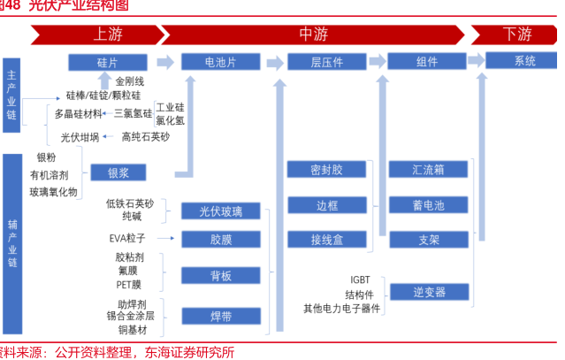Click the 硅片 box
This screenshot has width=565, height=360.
[107, 62]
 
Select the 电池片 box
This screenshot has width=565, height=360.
[220, 62]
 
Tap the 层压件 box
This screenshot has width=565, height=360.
[326, 62]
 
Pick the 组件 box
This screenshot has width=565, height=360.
[427, 62]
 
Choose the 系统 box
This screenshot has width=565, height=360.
[524, 61]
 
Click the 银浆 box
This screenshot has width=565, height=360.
[118, 172]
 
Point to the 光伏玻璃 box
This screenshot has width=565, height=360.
[220, 211]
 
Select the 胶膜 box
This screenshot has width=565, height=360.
[220, 239]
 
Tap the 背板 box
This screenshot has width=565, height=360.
[220, 276]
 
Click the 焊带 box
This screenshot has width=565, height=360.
[220, 315]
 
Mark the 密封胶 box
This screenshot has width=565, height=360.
[326, 169]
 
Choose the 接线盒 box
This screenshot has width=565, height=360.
[326, 239]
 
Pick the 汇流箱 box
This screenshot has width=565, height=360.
[428, 169]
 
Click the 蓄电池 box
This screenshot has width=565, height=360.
[428, 204]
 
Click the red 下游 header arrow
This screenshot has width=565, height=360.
[515, 34]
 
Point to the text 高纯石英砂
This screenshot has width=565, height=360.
[146, 137]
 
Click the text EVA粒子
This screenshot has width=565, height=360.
[128, 238]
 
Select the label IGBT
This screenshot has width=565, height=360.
[360, 278]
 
